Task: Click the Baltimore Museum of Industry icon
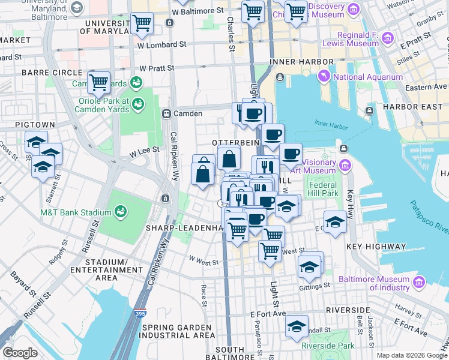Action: [x=419, y=281]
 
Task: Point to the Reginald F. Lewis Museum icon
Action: [x=388, y=40]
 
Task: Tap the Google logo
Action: [x=20, y=352]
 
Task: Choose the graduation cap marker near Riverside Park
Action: [x=296, y=326]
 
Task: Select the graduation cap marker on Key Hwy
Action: [x=335, y=222]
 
